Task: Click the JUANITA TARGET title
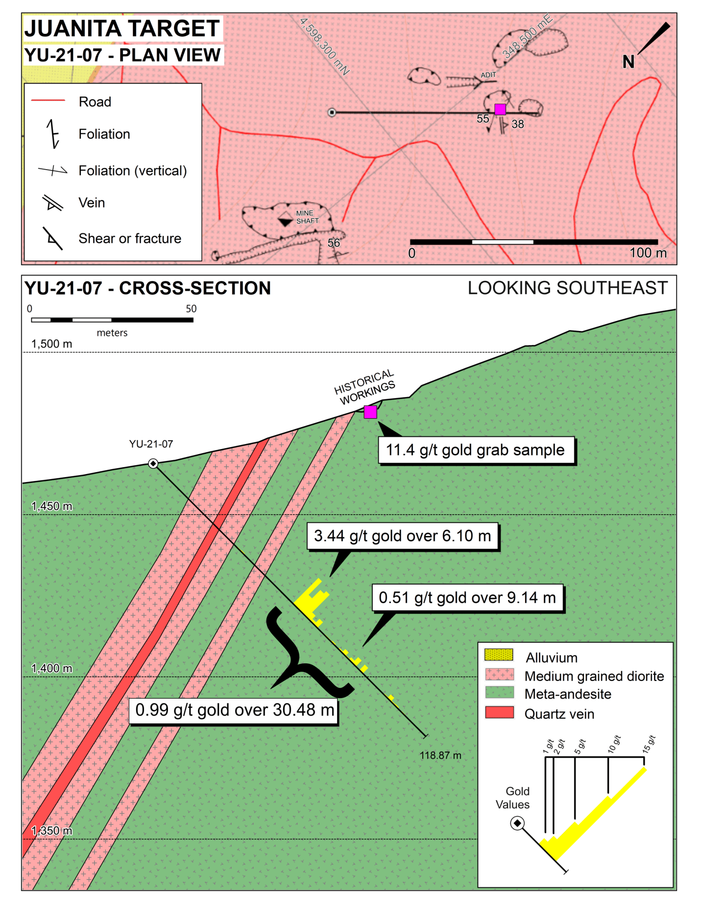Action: (x=122, y=28)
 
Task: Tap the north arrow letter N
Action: (x=628, y=62)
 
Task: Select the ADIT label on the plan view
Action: (x=488, y=75)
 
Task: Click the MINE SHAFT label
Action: (x=307, y=217)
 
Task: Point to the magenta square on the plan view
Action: (x=500, y=109)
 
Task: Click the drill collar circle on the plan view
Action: (x=332, y=112)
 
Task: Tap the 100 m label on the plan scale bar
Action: (x=648, y=253)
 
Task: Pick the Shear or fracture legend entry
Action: (x=130, y=238)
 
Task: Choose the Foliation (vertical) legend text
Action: (x=133, y=171)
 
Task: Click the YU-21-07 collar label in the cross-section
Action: (x=151, y=444)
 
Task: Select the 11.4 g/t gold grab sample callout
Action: (x=475, y=450)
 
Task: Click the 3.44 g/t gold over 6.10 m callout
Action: (x=402, y=536)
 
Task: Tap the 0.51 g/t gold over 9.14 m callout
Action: (x=467, y=598)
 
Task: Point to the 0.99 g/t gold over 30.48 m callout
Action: (x=234, y=710)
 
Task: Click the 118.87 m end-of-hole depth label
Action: (x=440, y=756)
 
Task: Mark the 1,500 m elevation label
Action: (x=51, y=344)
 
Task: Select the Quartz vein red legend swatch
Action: (x=499, y=712)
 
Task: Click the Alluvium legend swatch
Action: (x=499, y=655)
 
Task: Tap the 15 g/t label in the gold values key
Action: (x=649, y=744)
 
